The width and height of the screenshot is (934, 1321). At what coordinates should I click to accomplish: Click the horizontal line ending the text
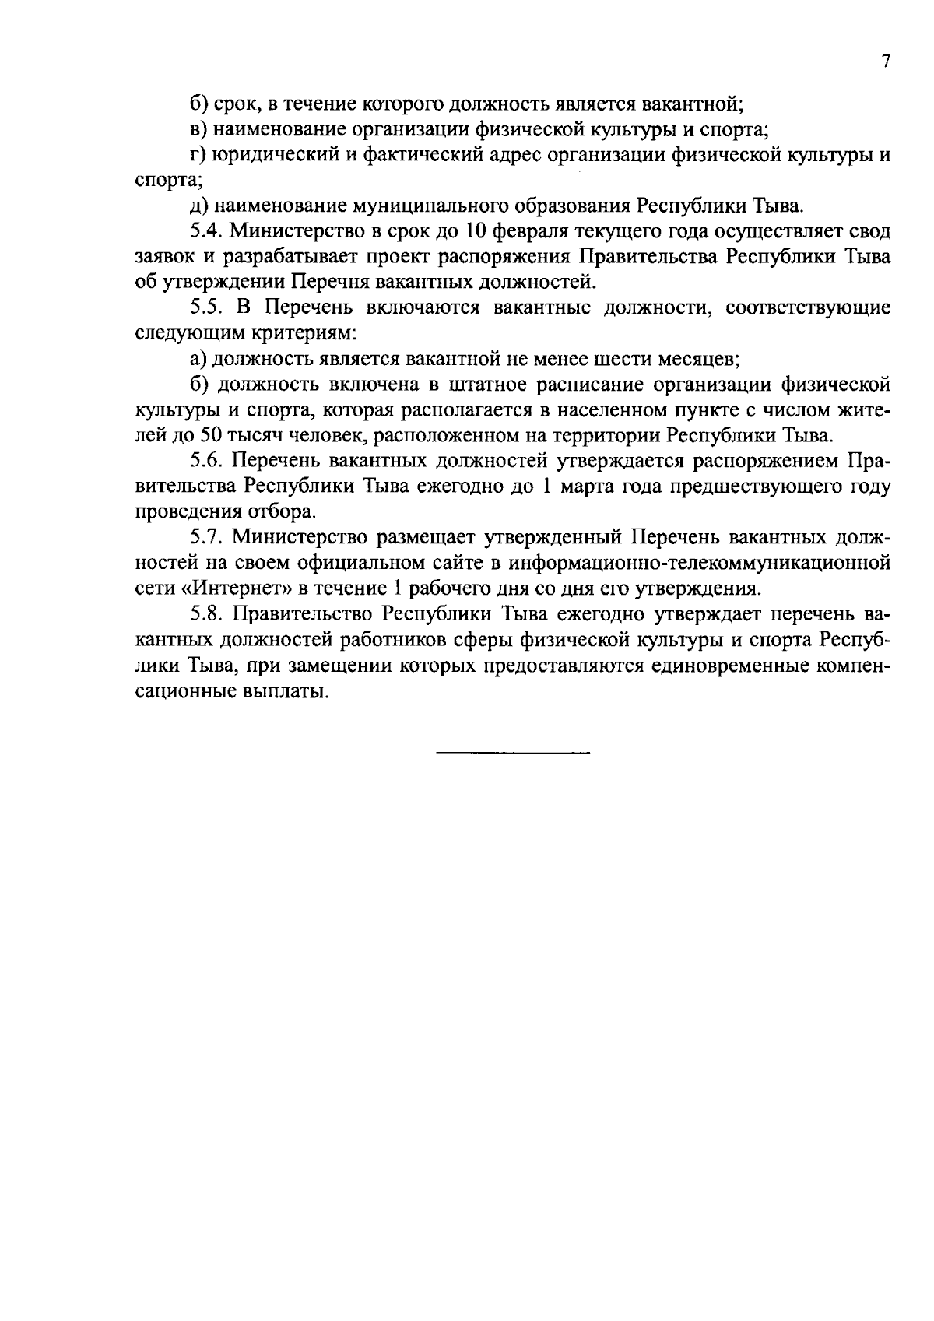513,754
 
